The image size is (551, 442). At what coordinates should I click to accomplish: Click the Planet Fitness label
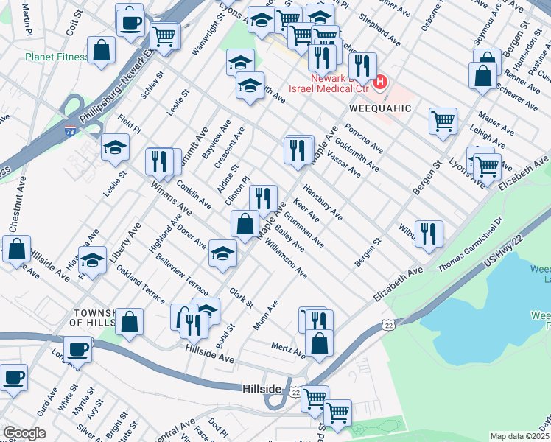pos(55,56)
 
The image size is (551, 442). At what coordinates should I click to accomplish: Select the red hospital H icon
pos(379,82)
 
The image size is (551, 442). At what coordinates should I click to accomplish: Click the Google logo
pos(24,433)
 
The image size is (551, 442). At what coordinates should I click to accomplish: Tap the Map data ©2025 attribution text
pos(519,436)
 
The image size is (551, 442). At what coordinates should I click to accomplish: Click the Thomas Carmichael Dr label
pos(469,244)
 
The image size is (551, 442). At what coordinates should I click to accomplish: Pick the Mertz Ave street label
pos(288,350)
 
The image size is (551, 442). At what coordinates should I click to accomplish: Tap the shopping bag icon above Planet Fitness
pos(102,50)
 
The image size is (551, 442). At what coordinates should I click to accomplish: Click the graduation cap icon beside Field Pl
pos(115,147)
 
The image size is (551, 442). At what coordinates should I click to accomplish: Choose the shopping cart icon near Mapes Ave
pos(443,120)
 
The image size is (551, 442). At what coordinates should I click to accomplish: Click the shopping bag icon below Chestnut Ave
pos(16,249)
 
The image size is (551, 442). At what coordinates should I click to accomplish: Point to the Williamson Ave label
pos(286,258)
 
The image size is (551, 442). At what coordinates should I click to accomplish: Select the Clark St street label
pos(241,297)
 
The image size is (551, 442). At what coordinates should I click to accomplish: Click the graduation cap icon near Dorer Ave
pos(222,253)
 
